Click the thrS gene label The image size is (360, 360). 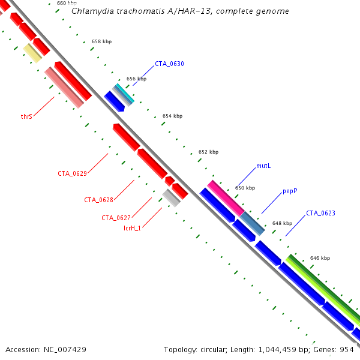tap(26, 116)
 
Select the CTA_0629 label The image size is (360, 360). tap(73, 173)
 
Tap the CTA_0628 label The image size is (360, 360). tap(99, 200)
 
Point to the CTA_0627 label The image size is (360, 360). tap(116, 218)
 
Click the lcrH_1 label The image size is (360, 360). tap(132, 228)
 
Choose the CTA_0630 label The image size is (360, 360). tap(169, 64)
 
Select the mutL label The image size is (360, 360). tap(263, 166)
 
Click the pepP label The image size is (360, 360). tap(290, 191)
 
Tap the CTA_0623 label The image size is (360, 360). tap(320, 213)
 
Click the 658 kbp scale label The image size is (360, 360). tap(101, 42)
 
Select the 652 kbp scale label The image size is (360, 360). tap(208, 152)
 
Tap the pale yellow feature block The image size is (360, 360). tap(32, 53)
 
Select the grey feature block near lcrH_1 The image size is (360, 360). tap(171, 197)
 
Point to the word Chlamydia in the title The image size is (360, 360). tap(90, 11)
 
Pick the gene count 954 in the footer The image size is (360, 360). tap(347, 349)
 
